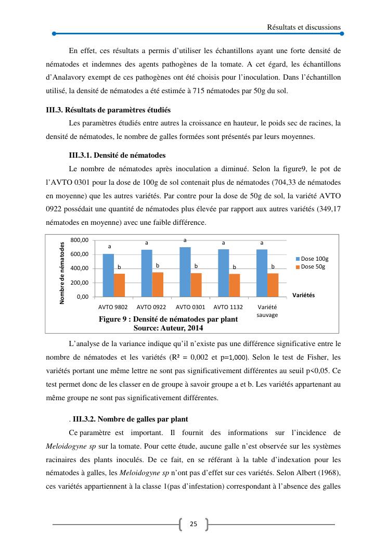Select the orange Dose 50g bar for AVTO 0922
pos(158,284)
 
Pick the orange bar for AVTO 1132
pos(234,285)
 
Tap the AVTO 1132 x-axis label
pos(228,307)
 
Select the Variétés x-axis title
pos(304,295)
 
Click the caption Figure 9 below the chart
pos(168,319)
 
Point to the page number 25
pos(193,524)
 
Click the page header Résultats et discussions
pos(304,27)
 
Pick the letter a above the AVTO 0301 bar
pos(185,240)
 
